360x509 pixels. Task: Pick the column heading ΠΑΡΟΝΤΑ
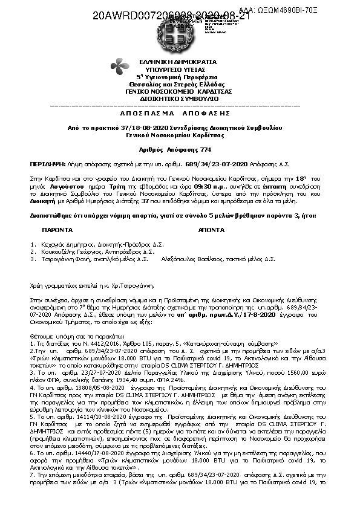tap(57, 230)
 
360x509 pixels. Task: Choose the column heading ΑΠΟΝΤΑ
tap(212, 230)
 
